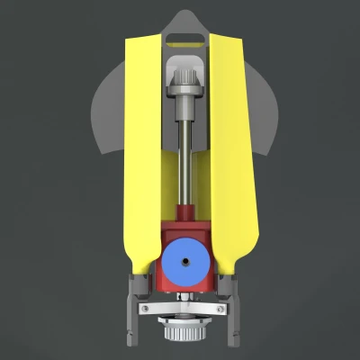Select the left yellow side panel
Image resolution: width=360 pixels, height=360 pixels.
point(141,153)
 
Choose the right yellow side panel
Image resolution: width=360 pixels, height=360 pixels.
point(231,153)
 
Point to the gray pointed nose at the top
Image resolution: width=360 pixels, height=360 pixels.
point(186,20)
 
